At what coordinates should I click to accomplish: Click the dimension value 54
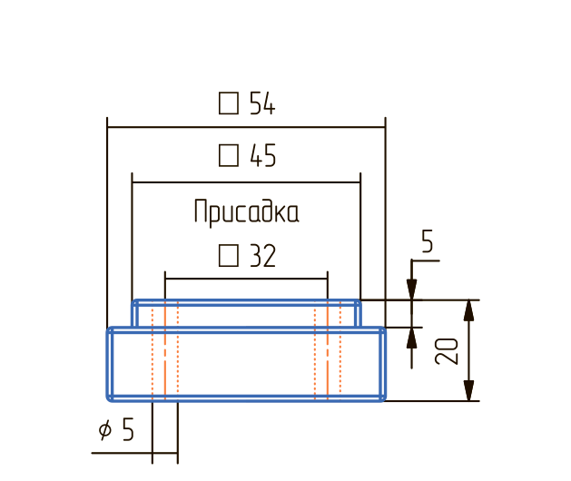tap(261, 104)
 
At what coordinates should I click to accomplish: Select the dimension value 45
tap(261, 157)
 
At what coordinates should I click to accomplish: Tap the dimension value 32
tap(261, 257)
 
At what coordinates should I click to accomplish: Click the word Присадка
tap(246, 213)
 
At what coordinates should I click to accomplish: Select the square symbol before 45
tap(229, 156)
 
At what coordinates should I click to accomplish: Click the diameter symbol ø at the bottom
tap(105, 430)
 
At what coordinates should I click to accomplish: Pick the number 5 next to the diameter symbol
tap(127, 429)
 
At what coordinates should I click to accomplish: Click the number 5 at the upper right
tap(428, 242)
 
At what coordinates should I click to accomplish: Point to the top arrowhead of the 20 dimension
tap(468, 309)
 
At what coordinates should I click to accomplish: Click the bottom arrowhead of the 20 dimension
tap(468, 390)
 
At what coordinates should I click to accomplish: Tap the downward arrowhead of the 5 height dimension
tap(412, 290)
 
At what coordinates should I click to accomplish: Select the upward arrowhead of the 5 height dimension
tap(412, 336)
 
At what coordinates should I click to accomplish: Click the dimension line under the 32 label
tap(245, 279)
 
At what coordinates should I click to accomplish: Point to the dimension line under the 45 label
tap(245, 182)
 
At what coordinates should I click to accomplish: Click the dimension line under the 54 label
tap(245, 130)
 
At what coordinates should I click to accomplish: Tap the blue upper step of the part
tap(245, 314)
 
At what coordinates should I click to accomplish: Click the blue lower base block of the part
tap(245, 363)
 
